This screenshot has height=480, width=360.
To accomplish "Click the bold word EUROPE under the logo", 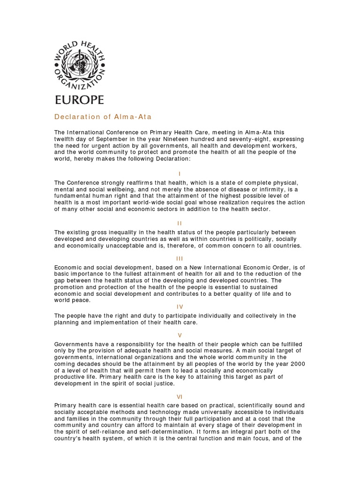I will coord(79,99).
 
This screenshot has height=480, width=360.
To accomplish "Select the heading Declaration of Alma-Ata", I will coord(103,117).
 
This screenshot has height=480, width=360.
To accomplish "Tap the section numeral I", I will coord(180,173).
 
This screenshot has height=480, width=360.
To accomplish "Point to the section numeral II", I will coord(180,223).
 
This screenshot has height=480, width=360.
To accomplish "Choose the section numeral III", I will coord(180,258).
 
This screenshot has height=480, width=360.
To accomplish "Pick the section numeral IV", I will coord(180,307).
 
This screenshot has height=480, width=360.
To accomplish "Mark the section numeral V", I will coord(180,335).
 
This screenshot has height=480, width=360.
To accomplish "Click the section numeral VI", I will coord(180,396).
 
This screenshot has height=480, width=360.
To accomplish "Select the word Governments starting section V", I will coord(75,344).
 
